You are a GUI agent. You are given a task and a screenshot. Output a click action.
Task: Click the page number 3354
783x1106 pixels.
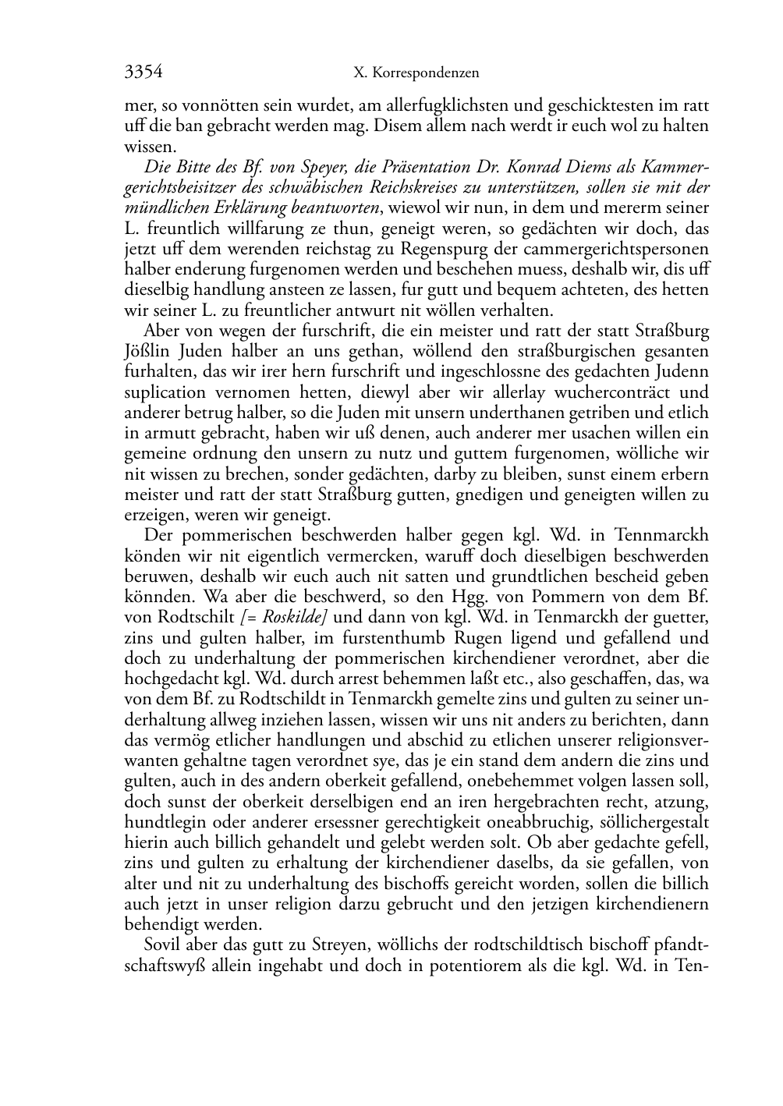point(143,73)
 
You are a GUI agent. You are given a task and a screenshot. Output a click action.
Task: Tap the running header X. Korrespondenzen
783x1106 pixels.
point(416,73)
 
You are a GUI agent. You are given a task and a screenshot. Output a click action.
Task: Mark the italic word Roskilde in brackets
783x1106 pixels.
point(294,617)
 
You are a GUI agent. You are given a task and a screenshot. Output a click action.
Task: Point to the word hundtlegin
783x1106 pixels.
point(161,822)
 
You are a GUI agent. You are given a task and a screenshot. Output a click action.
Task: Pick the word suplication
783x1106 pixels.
point(165,392)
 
